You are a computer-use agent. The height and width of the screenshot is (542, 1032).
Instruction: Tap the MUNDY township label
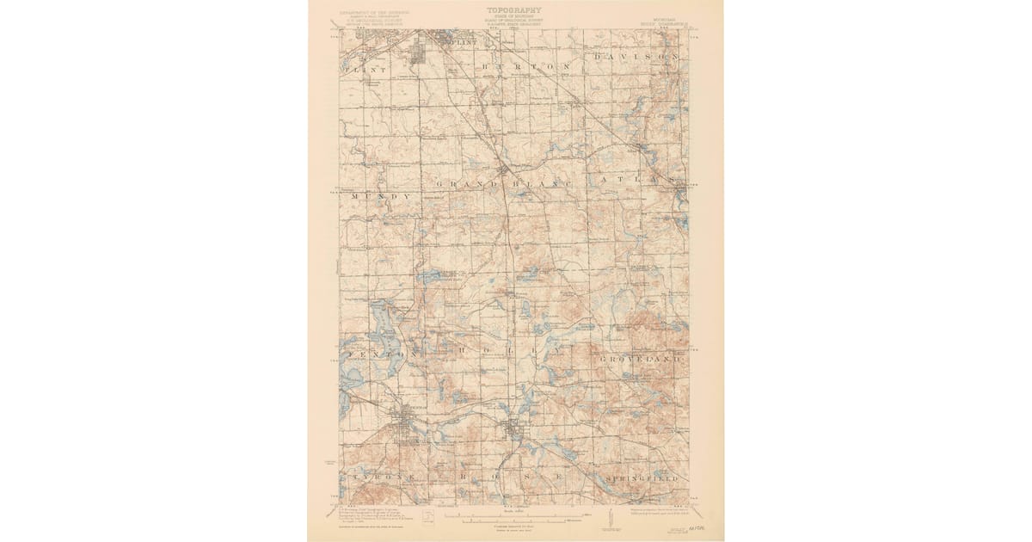(x=379, y=197)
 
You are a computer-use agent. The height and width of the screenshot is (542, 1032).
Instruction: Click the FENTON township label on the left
(x=379, y=354)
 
